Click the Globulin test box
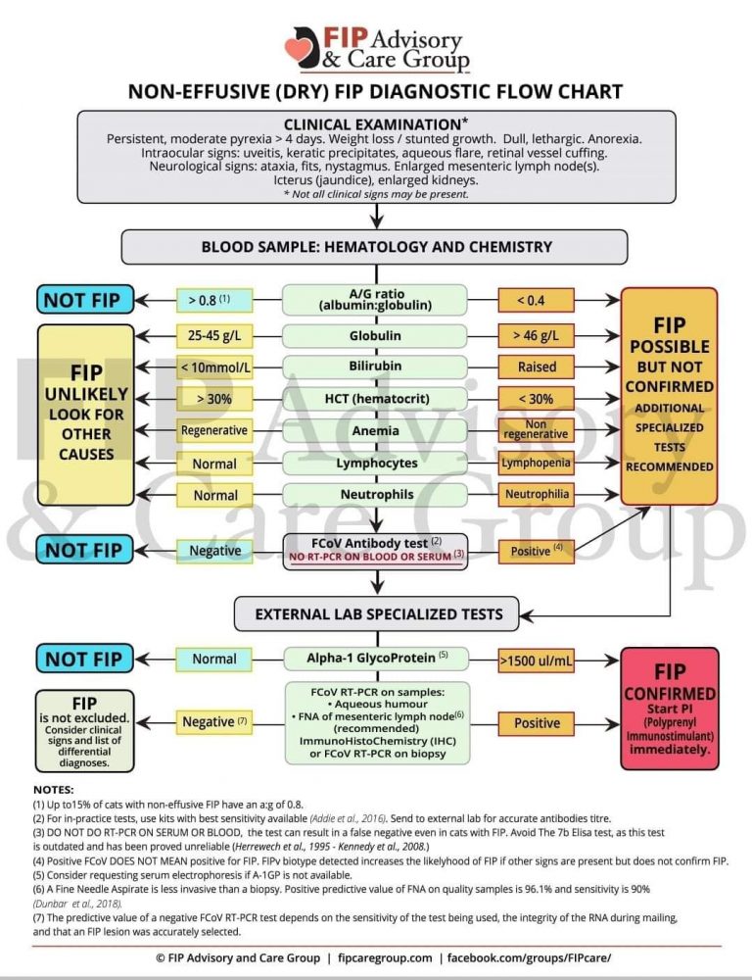(375, 335)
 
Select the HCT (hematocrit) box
(375, 399)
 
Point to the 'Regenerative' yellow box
(214, 430)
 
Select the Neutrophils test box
(375, 495)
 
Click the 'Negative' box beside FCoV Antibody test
(214, 551)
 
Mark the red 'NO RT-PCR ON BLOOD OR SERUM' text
(375, 557)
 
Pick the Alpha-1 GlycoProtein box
(375, 658)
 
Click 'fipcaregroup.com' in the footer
(385, 957)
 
